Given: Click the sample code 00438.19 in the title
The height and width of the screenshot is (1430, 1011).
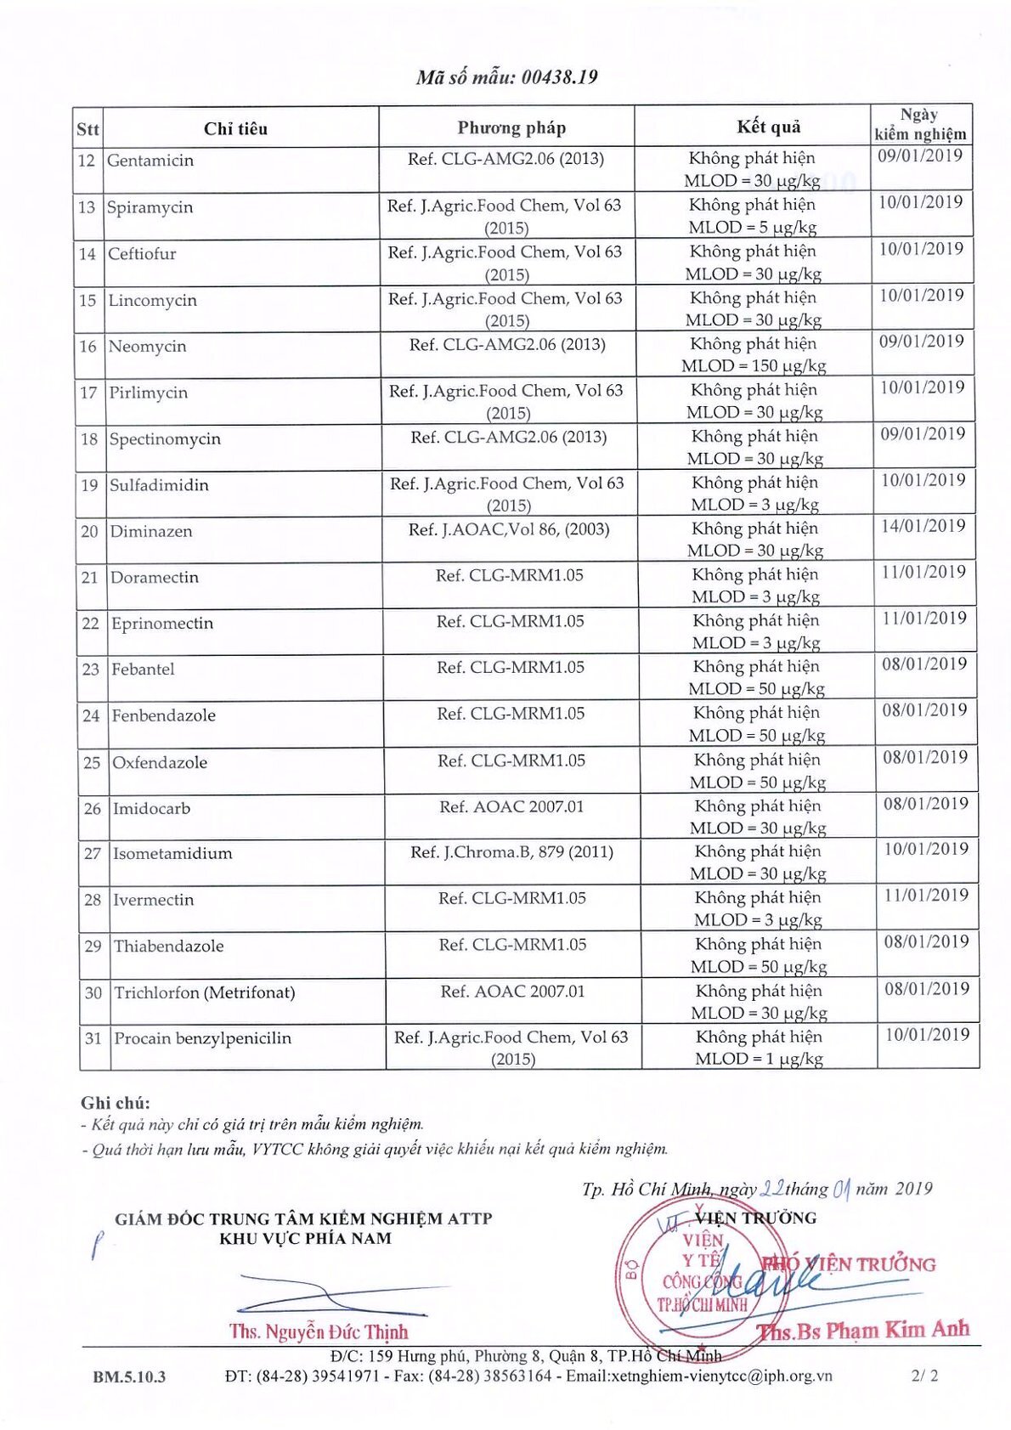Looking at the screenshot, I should point(559,77).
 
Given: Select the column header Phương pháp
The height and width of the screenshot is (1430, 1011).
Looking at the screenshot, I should point(511,127).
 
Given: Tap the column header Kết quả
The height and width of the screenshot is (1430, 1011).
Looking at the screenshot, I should point(769,127).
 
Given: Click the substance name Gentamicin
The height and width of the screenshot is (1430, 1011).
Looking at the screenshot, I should point(150,161).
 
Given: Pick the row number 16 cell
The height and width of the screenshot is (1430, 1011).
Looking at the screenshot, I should point(88,347).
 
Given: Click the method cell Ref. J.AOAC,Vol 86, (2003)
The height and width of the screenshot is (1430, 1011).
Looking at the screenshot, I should point(509,529).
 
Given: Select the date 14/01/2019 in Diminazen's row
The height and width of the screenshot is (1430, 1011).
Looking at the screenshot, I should point(923,526).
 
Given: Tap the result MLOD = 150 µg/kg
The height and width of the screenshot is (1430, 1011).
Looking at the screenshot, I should point(754,366).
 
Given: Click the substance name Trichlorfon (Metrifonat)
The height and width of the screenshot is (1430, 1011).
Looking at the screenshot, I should point(205,992).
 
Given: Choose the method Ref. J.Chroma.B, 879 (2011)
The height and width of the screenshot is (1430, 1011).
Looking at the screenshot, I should point(512,852).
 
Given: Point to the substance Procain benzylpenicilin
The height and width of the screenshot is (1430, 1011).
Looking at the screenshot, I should point(203,1038).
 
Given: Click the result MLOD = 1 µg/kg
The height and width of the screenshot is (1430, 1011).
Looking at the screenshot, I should point(759,1059).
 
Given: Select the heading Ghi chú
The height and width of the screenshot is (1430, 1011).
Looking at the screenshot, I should point(116,1103).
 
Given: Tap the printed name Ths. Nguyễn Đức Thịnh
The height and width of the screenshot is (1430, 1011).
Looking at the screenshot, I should point(319,1331).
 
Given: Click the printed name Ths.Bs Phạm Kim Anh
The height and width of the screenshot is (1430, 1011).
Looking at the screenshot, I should point(863,1330).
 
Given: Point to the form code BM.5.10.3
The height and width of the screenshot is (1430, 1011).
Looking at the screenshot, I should point(129,1376).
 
